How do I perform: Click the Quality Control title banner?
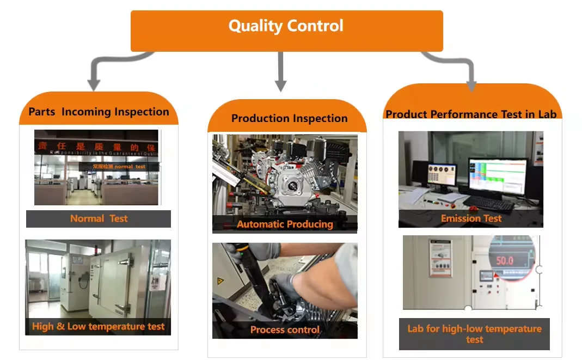coord(286,31)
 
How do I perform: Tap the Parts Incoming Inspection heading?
coord(99,112)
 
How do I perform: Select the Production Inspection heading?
coord(289,118)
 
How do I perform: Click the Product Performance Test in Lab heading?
coord(471,114)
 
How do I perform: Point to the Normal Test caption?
coord(99,219)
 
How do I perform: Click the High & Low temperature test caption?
coord(99,327)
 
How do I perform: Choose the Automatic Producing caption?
coord(285,224)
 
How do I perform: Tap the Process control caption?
coord(285,330)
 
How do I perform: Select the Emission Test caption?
coord(471,218)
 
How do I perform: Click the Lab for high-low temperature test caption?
coord(474,334)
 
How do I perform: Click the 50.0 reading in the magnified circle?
coord(504,260)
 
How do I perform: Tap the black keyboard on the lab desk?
coord(488,204)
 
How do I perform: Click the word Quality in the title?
coord(255,26)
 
